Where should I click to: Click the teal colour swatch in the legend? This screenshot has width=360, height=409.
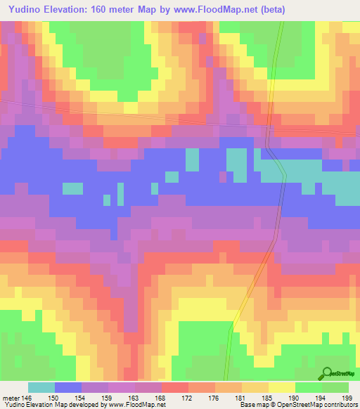41,387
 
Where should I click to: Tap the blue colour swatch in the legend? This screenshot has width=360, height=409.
68,387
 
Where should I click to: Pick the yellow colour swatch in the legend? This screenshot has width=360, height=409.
282,387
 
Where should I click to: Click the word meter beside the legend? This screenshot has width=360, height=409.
10,397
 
